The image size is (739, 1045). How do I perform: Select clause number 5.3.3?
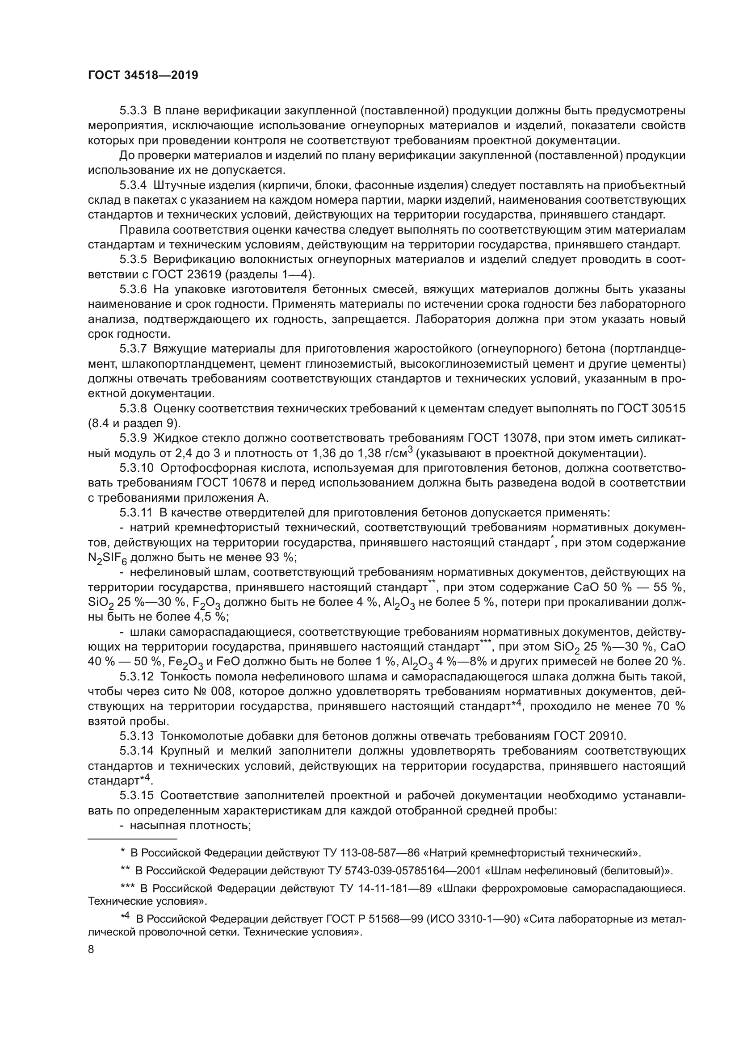click(133, 111)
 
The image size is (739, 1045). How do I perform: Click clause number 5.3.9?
click(133, 438)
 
